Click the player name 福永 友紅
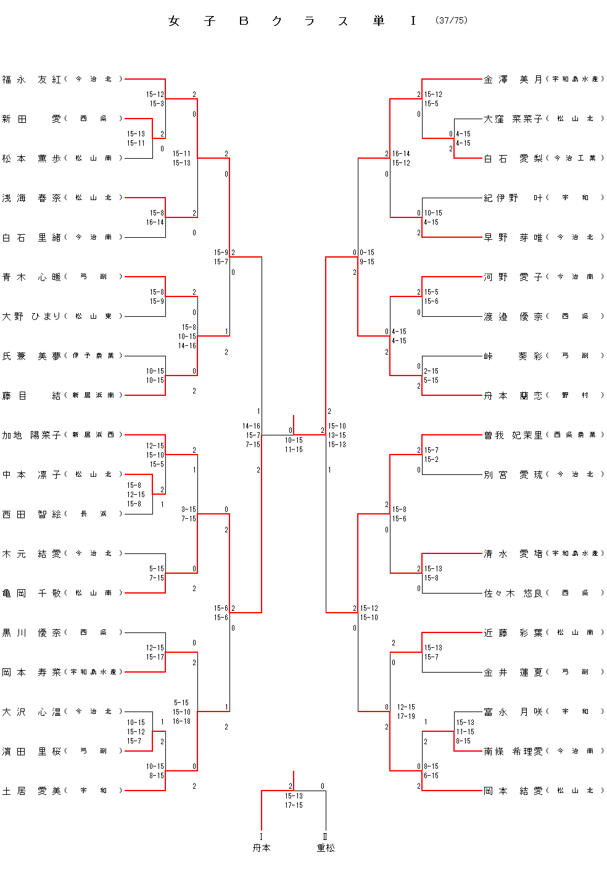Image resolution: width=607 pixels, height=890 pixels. tap(31, 80)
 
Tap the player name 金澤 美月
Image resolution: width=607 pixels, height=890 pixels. tap(513, 80)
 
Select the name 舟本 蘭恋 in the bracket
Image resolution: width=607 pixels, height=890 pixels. tap(513, 396)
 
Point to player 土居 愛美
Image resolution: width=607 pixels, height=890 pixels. tap(31, 791)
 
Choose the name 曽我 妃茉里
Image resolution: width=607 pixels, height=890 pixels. tap(513, 435)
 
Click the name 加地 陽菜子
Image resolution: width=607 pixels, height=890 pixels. tap(31, 435)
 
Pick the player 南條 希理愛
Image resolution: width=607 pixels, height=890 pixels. tap(513, 752)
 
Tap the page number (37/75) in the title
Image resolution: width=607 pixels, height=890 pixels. tap(452, 20)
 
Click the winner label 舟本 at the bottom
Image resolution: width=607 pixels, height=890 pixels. tap(262, 848)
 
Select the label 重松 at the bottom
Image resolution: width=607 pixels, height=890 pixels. tap(326, 848)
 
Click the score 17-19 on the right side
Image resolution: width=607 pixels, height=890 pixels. tap(406, 716)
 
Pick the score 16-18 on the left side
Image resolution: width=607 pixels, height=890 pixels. tap(181, 721)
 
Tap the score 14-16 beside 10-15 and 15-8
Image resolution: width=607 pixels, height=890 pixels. tap(187, 346)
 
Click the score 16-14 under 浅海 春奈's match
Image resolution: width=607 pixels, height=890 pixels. tap(155, 222)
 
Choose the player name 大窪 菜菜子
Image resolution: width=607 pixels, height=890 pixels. tap(513, 119)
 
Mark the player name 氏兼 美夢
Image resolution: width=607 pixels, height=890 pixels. tap(31, 356)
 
